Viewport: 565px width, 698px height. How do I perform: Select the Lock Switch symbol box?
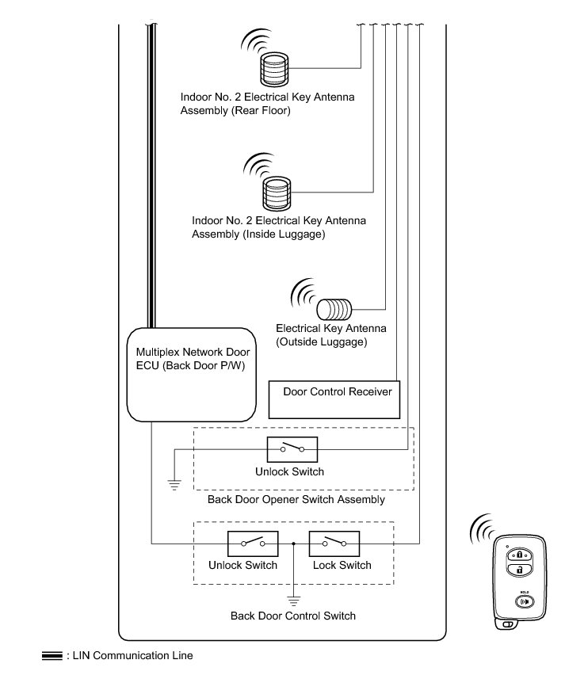pyautogui.click(x=334, y=544)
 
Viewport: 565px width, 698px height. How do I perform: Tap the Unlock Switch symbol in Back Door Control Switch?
pyautogui.click(x=254, y=544)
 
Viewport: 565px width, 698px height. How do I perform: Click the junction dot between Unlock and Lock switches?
pyautogui.click(x=294, y=544)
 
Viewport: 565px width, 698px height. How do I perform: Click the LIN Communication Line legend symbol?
pyautogui.click(x=52, y=656)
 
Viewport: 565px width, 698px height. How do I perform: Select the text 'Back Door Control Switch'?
pyautogui.click(x=293, y=616)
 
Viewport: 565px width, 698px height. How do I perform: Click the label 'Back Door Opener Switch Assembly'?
pyautogui.click(x=296, y=500)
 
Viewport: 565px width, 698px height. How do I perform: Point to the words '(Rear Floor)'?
pyautogui.click(x=261, y=110)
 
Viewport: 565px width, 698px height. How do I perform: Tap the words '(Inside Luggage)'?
pyautogui.click(x=281, y=235)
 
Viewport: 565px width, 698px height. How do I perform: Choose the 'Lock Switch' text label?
pyautogui.click(x=342, y=566)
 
